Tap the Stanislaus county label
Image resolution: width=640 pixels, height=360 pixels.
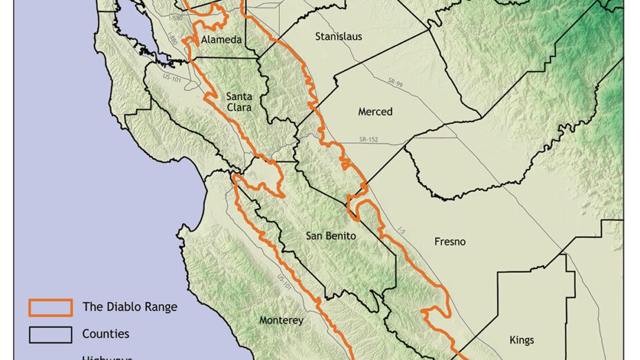pyautogui.click(x=338, y=36)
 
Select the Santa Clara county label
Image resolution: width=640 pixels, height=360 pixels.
pyautogui.click(x=239, y=102)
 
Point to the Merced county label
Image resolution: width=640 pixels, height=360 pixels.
pyautogui.click(x=375, y=112)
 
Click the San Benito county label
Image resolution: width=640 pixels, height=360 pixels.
pyautogui.click(x=330, y=236)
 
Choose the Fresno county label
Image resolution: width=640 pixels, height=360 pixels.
pyautogui.click(x=450, y=242)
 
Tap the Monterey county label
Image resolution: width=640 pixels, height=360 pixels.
pyautogui.click(x=281, y=320)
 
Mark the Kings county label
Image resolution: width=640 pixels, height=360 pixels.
pyautogui.click(x=522, y=339)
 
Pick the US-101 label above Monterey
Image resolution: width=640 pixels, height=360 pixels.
pyautogui.click(x=281, y=282)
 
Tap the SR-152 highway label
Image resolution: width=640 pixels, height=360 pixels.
pyautogui.click(x=370, y=140)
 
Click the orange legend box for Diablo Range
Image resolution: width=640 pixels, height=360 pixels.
pyautogui.click(x=50, y=307)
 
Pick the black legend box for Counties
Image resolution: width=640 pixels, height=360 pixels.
pyautogui.click(x=50, y=334)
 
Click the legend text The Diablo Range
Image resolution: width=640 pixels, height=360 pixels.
pyautogui.click(x=129, y=307)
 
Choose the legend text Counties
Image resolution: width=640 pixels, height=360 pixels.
pyautogui.click(x=106, y=334)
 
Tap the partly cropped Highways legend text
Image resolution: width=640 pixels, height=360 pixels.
pyautogui.click(x=107, y=357)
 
